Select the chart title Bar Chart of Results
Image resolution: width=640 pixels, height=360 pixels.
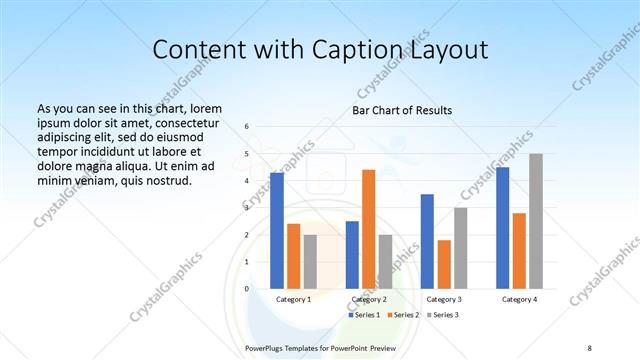[402, 110]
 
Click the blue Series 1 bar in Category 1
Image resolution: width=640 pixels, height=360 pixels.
[277, 231]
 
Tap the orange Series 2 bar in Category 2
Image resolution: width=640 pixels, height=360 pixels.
[368, 229]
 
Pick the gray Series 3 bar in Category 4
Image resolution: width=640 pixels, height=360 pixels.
[536, 221]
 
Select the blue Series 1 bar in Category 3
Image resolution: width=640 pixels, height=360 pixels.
[427, 241]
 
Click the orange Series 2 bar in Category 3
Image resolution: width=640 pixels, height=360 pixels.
[444, 264]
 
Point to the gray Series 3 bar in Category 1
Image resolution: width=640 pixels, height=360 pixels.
[310, 261]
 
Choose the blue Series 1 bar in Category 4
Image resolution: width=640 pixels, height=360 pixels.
[502, 228]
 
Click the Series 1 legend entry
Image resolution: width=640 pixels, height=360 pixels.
[364, 315]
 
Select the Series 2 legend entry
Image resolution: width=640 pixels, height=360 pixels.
[402, 315]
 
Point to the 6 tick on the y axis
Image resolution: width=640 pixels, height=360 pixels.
[247, 127]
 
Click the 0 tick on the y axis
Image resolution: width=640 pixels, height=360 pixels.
[247, 289]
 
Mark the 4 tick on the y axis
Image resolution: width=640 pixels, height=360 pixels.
[247, 181]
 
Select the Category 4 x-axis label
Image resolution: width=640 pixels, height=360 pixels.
[519, 299]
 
